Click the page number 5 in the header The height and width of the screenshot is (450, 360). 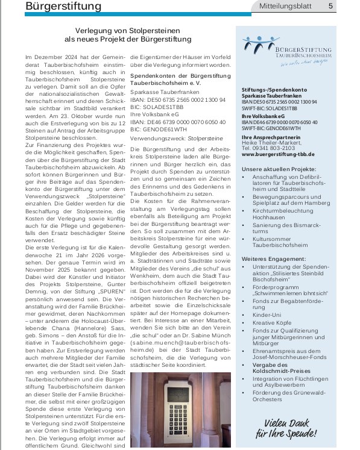[x=330, y=6]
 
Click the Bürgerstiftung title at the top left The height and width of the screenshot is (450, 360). [x=64, y=6]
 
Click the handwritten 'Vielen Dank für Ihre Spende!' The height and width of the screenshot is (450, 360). [x=286, y=428]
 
